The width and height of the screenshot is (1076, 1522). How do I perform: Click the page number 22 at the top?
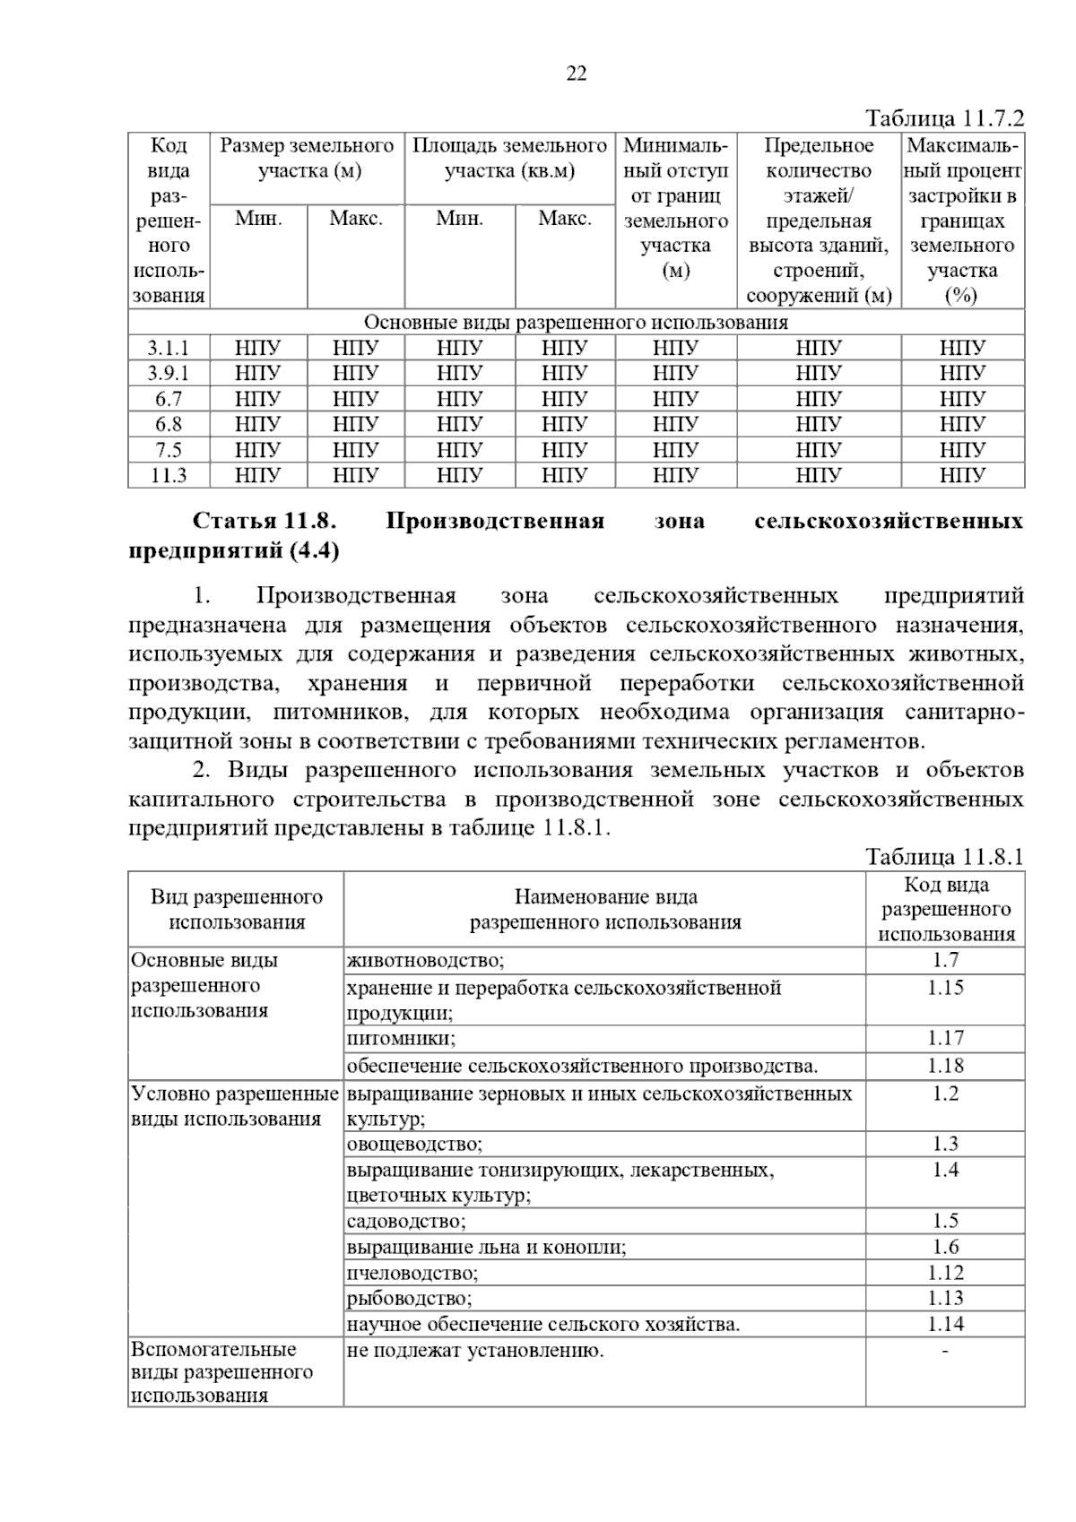577,74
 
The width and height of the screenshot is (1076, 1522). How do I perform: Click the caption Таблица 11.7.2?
943,119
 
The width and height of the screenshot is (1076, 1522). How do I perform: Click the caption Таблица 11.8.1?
943,857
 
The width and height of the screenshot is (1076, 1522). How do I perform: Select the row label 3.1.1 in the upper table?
169,348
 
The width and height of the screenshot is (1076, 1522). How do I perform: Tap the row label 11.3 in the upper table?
169,475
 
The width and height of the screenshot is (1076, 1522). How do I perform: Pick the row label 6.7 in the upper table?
169,399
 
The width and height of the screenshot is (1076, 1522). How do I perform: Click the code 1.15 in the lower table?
945,988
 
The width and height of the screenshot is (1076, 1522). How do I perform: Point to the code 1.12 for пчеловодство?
945,1273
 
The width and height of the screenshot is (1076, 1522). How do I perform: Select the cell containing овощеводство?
414,1145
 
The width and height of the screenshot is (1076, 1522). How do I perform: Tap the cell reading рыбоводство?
409,1299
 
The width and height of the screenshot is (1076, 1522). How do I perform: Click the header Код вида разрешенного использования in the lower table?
945,910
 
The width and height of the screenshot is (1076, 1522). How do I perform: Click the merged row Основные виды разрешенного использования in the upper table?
576,323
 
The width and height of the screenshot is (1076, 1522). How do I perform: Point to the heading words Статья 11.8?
265,522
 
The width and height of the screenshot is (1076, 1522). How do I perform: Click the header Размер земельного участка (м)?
307,158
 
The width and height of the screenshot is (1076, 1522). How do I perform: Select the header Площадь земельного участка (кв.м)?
509,158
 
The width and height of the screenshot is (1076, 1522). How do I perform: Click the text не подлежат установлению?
475,1351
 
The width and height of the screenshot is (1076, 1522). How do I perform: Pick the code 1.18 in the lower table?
945,1066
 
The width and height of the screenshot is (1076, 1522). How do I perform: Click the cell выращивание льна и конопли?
486,1248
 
